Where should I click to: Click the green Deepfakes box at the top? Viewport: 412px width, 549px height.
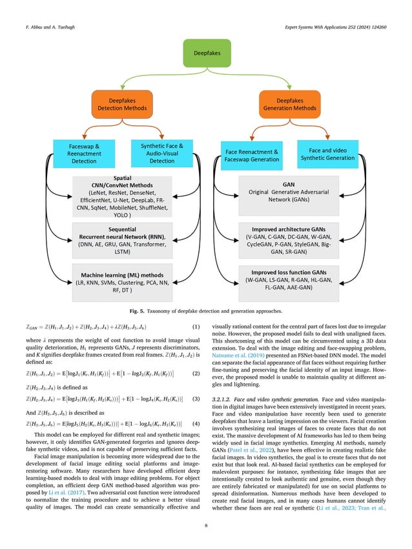pos(207,50)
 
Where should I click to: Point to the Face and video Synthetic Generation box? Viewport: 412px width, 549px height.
pos(328,153)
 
